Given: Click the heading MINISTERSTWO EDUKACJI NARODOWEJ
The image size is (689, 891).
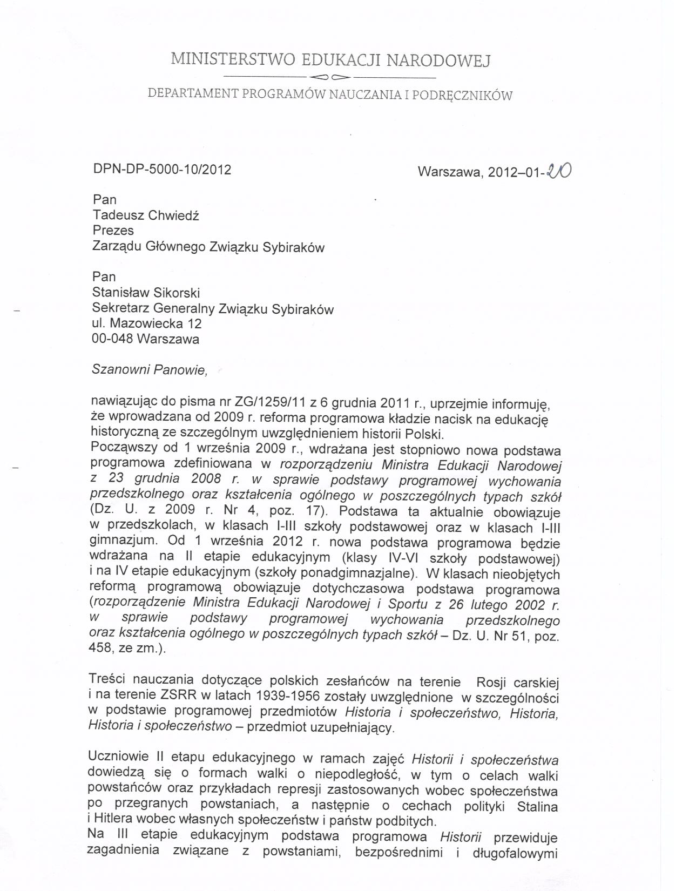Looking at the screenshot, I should tap(330, 59).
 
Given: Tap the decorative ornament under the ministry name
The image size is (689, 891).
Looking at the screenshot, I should tap(330, 76).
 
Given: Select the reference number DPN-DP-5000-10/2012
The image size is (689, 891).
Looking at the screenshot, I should tap(163, 170).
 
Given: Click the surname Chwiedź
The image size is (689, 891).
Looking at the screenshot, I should tap(173, 215).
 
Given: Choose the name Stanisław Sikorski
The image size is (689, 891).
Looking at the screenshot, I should tap(146, 293).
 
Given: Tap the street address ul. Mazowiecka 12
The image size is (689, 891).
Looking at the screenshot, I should tap(147, 323).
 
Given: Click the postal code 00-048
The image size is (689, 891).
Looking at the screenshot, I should tap(112, 339).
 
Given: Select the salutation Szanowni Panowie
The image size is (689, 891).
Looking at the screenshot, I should tap(150, 370).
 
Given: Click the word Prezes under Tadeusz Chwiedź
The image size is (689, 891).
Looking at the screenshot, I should tap(113, 231).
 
